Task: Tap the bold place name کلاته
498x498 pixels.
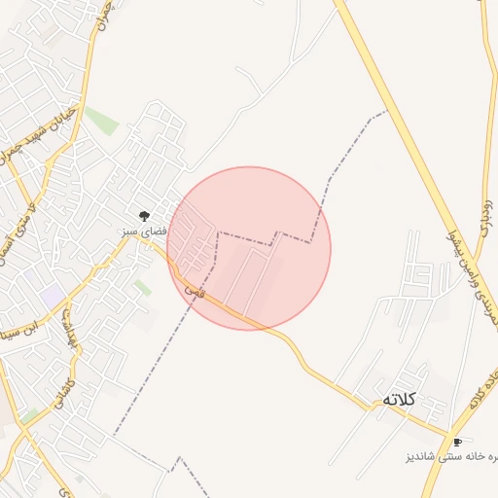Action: coord(399,399)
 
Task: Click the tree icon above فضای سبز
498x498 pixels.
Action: coord(145,216)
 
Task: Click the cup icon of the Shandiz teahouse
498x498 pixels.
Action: coord(457,442)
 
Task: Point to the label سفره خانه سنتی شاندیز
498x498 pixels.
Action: coord(453,456)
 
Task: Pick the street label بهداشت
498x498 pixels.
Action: coord(69,331)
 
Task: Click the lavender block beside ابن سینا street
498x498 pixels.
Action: coord(53,296)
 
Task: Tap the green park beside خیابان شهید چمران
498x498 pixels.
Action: coord(101,121)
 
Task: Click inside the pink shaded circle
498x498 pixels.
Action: coord(249,248)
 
